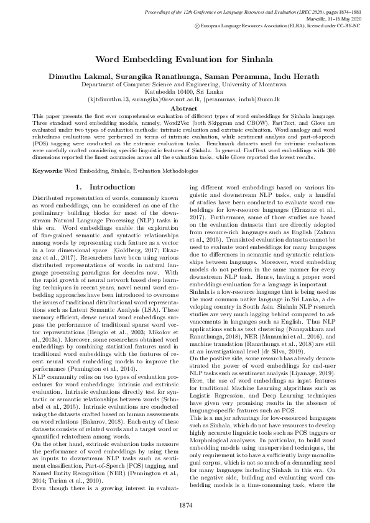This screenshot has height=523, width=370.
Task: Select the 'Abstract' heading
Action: tap(184, 108)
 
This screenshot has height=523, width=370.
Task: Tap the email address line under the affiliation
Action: tap(184, 98)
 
